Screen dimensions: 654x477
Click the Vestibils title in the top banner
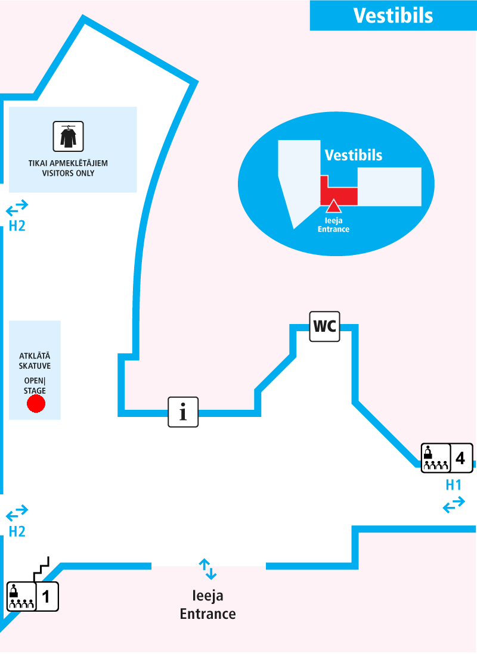(x=393, y=15)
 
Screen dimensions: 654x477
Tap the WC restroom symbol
(x=324, y=326)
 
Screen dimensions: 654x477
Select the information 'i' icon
(x=183, y=412)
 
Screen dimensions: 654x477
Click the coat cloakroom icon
(x=69, y=136)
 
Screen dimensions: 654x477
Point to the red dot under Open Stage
(x=36, y=405)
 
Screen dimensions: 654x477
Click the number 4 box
(x=460, y=458)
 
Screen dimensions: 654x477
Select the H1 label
(x=454, y=485)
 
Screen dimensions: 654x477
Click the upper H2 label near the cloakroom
(x=17, y=226)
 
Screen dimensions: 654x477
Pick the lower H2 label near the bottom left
(x=17, y=531)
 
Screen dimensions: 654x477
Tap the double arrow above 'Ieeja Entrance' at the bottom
(x=207, y=569)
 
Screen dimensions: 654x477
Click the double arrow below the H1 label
(x=454, y=505)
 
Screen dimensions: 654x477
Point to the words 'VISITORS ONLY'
(x=68, y=174)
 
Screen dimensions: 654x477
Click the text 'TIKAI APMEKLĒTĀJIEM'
(x=68, y=163)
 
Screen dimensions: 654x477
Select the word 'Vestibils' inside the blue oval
(x=353, y=155)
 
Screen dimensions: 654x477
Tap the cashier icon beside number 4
(x=435, y=458)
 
